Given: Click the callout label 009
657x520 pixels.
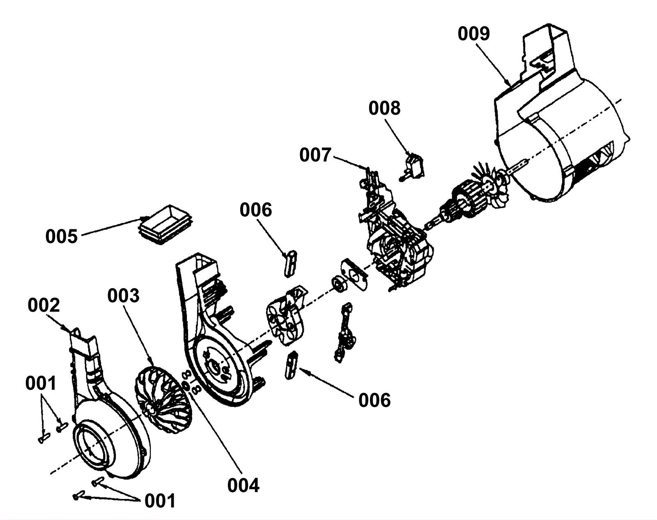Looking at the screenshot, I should coord(474,34).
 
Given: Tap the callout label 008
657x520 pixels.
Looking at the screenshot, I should coord(384,109).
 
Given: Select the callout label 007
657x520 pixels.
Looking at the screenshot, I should coord(315,155).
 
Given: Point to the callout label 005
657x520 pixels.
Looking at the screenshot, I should coord(61,237).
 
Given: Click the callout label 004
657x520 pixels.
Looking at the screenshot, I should coord(244,485).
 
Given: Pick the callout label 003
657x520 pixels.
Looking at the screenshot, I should coord(123,296).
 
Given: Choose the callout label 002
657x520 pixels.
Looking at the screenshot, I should coord(44,305).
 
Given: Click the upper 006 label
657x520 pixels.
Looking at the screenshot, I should coord(255,210).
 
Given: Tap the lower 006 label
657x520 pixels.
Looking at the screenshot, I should coord(374,400).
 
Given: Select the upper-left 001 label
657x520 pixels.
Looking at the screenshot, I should coord(40,384).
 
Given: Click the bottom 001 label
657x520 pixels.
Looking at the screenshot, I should coord(160,501).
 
